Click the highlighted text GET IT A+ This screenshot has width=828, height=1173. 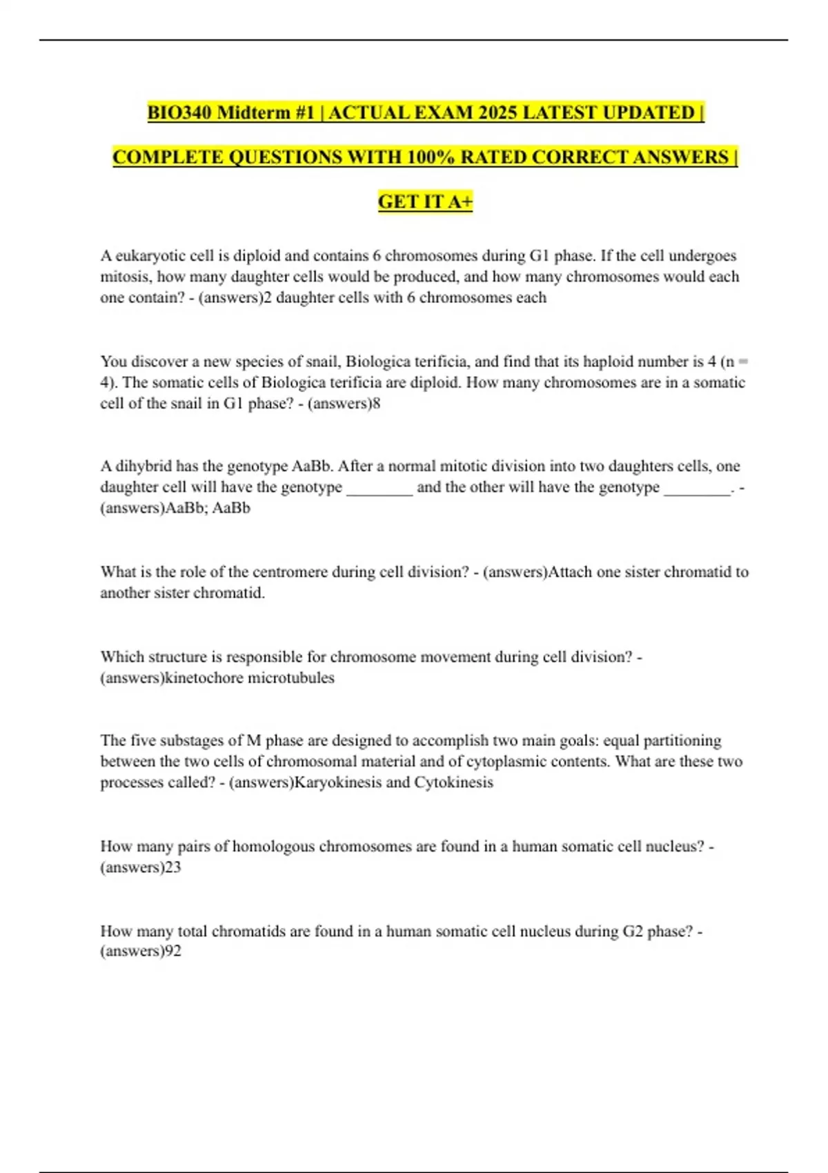tap(425, 201)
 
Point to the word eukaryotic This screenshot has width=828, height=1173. tap(151, 256)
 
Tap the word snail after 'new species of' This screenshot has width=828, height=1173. tap(314, 362)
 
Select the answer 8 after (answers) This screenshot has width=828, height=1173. tap(376, 404)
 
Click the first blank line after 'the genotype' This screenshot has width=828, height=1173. tap(379, 489)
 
